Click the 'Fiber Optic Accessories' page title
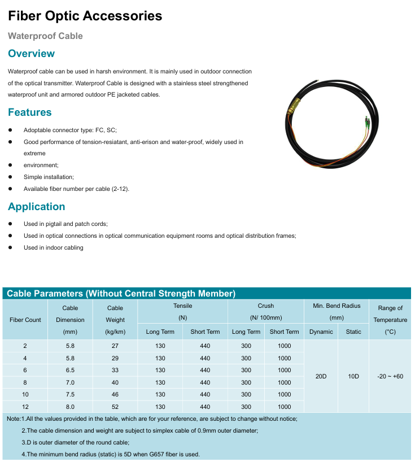click(85, 16)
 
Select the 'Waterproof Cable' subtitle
click(45, 36)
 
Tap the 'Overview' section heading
click(31, 54)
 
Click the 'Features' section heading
click(29, 112)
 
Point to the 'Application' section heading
click(36, 207)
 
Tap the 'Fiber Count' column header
click(25, 320)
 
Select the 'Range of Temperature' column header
click(390, 320)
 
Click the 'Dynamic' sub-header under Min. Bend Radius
click(321, 332)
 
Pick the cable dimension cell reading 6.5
click(70, 371)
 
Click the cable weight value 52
click(115, 407)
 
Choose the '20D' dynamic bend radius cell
click(321, 376)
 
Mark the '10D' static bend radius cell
click(353, 376)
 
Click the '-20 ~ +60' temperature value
click(390, 376)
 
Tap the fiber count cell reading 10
click(25, 394)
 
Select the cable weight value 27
click(115, 346)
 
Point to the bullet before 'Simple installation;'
click(10, 177)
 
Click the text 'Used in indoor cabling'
click(53, 247)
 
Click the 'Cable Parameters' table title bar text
click(121, 294)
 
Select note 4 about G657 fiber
click(111, 454)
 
